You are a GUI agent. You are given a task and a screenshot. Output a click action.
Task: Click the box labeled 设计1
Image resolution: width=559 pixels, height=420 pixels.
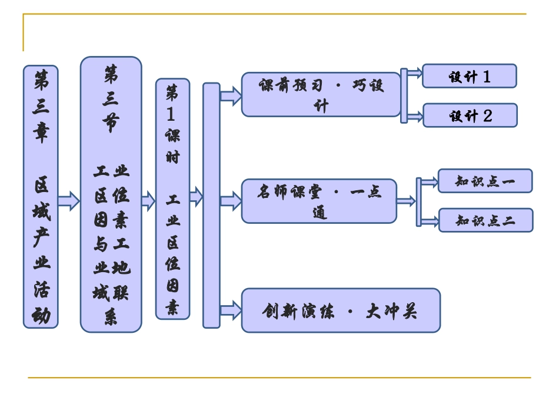point(469,76)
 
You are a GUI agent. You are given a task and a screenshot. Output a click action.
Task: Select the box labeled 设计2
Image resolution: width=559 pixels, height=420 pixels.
point(470,115)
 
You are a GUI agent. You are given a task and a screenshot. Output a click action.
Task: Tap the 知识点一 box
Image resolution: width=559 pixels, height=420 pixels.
point(485,181)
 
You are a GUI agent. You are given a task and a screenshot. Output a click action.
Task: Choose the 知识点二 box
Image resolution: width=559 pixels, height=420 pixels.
point(485,220)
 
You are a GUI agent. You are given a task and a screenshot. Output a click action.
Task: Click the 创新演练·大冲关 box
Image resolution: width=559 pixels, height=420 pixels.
point(340,310)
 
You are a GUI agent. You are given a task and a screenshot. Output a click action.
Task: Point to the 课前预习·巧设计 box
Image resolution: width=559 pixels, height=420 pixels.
point(321,95)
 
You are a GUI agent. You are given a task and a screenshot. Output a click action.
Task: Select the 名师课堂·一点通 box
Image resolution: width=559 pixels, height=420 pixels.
point(319,201)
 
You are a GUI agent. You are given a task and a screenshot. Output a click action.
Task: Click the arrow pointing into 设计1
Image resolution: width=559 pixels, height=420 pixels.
point(414,74)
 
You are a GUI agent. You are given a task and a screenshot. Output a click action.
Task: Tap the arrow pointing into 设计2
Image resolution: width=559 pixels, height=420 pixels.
point(414,115)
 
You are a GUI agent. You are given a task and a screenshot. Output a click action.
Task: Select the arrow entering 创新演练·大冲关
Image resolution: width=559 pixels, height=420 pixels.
point(231,310)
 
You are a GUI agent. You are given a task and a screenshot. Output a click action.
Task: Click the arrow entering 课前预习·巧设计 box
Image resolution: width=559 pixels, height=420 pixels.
point(231,95)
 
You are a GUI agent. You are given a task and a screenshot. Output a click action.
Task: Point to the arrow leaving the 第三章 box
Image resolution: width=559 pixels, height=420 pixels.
point(69,200)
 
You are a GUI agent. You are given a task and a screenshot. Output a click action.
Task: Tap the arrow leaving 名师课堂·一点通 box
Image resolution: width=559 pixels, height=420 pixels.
point(405,201)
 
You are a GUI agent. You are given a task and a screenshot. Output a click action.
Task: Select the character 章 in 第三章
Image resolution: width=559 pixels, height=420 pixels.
point(41,133)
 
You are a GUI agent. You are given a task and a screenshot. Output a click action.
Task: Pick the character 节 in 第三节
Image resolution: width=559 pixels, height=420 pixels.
point(111,122)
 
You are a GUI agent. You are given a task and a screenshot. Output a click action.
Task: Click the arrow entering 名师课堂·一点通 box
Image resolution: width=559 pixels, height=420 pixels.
point(231,201)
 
